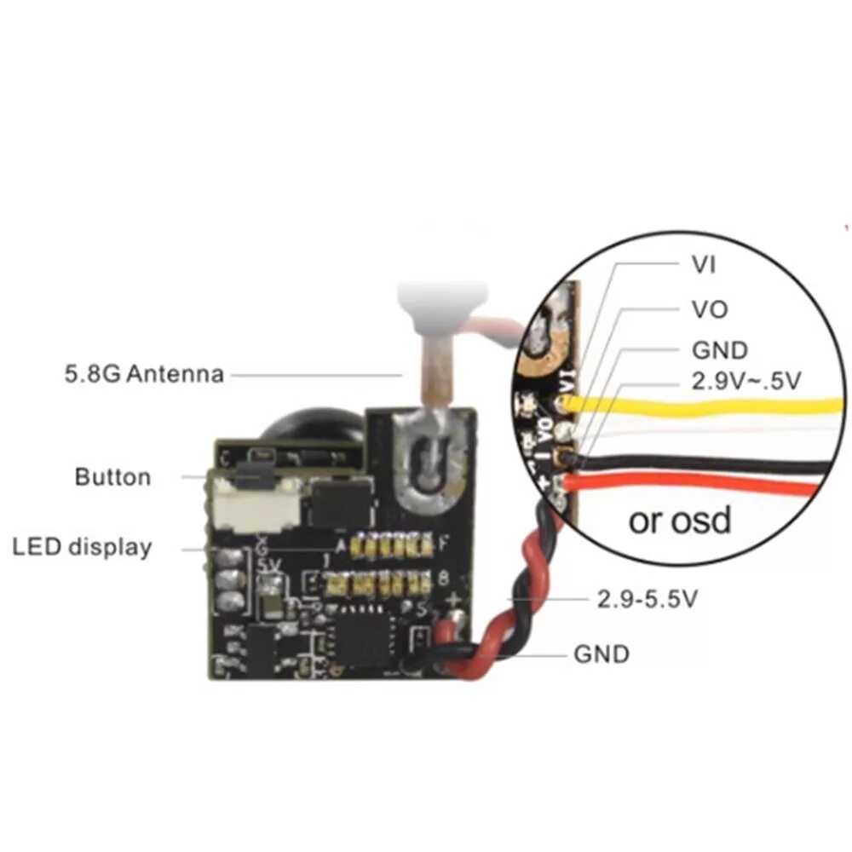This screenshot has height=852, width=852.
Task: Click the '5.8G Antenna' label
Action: point(144,373)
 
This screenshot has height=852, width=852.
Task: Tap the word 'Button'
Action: point(112,476)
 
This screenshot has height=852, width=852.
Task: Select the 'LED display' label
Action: point(82,546)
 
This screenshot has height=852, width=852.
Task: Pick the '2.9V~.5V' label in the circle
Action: point(745,382)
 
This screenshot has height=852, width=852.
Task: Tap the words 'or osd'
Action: point(680,520)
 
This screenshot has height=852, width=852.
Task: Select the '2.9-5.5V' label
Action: point(648,600)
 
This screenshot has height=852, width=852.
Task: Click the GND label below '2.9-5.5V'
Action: point(602,653)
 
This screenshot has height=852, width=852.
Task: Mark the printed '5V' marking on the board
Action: point(268,565)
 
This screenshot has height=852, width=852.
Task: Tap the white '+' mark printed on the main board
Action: point(453,598)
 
